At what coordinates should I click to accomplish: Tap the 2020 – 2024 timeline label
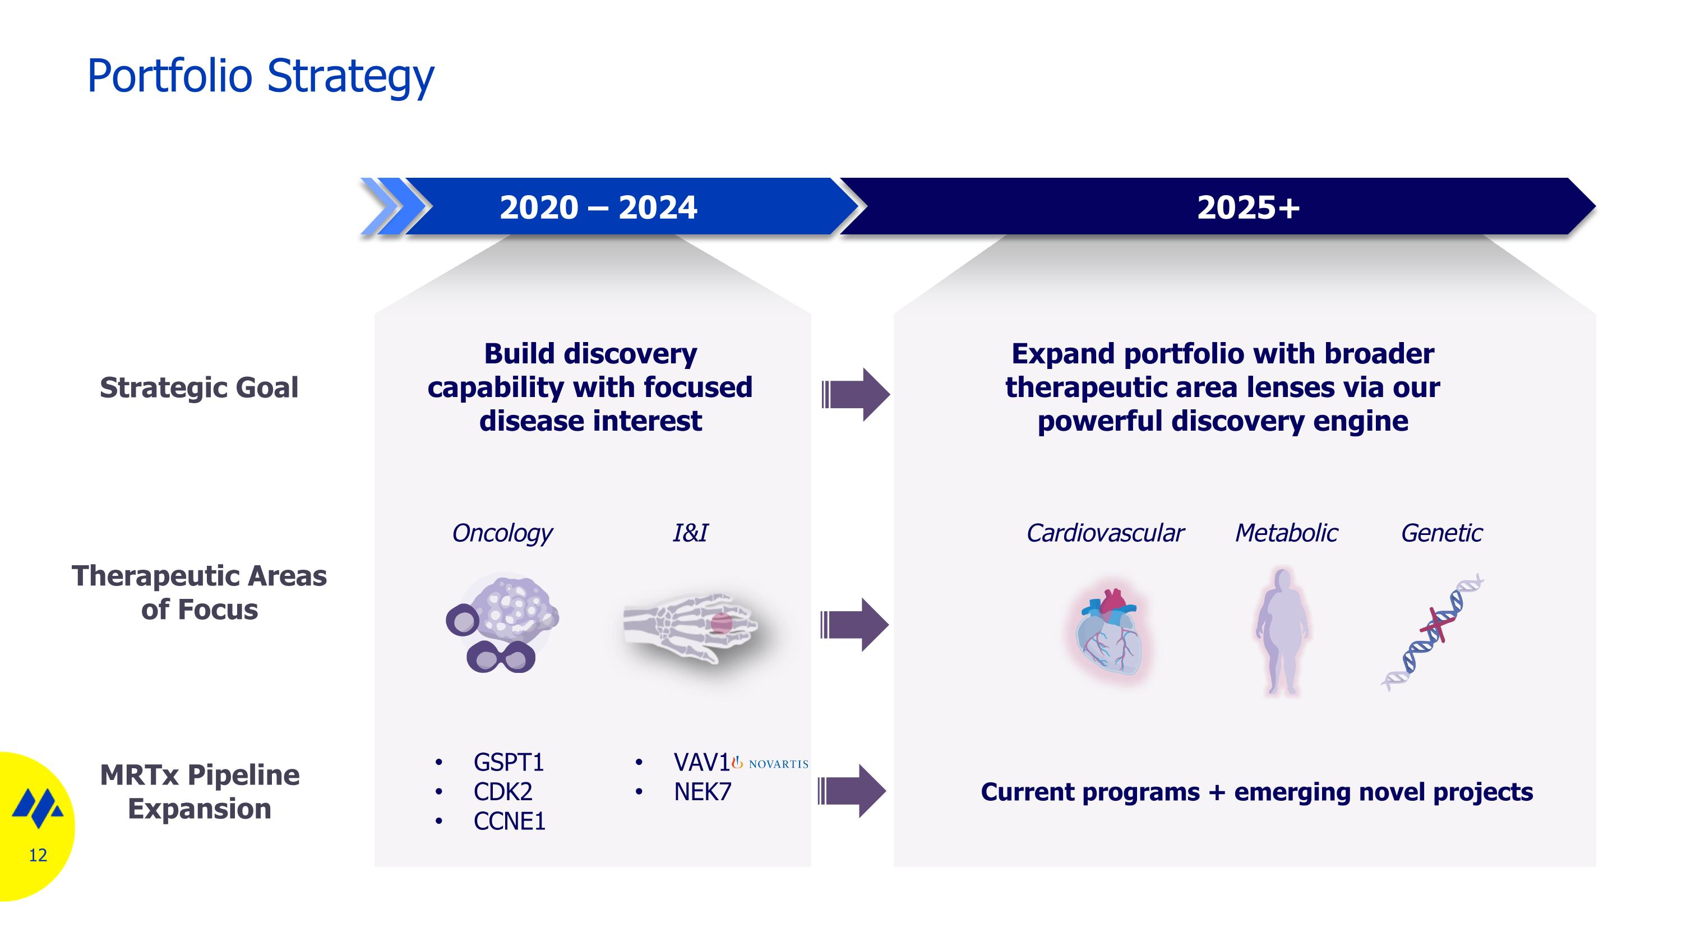[598, 207]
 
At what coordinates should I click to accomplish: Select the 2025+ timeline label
[1248, 207]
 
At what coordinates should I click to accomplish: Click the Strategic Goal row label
[199, 387]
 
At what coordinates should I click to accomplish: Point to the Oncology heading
[502, 533]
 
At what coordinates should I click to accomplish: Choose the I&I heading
[690, 533]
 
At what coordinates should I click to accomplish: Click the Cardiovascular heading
[1105, 533]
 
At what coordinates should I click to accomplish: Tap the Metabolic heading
[1286, 533]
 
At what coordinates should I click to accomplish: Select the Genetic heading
[1441, 533]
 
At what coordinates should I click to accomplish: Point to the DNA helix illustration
[1432, 632]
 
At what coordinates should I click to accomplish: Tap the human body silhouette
[1282, 631]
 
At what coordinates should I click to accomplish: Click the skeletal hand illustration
[690, 627]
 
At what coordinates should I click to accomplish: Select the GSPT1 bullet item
[509, 762]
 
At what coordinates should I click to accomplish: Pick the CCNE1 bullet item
[509, 820]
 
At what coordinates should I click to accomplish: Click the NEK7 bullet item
[703, 791]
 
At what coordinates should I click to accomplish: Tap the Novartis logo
[770, 763]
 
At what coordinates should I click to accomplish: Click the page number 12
[38, 855]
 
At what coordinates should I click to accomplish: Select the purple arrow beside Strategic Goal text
[856, 394]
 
